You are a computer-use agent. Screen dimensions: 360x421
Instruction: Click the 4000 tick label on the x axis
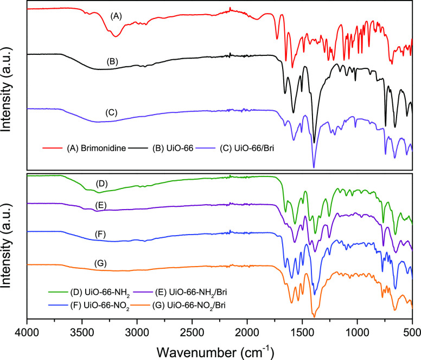point(27,330)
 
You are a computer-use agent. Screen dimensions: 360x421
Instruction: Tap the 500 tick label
point(412,330)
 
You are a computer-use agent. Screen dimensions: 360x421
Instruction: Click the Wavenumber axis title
point(219,348)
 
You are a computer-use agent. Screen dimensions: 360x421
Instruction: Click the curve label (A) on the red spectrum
point(116,17)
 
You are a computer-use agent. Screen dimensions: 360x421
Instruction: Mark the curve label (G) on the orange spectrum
point(100,263)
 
